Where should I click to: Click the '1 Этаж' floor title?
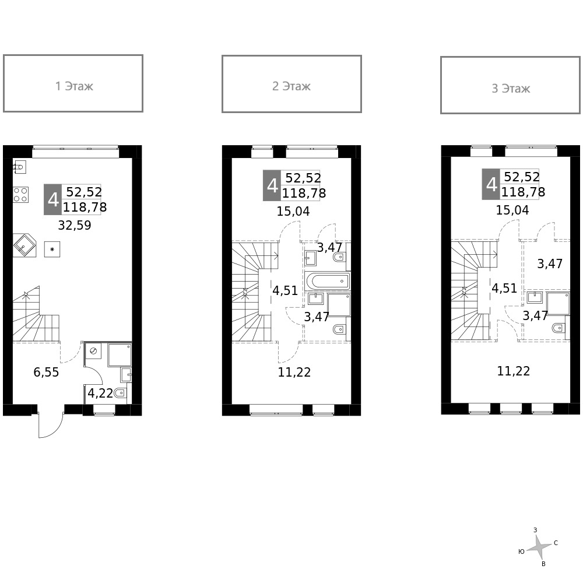pos(73,86)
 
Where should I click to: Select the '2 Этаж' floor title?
pos(291,86)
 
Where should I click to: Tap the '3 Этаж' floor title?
pos(510,89)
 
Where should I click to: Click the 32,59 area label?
pos(75,226)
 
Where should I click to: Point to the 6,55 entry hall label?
pos(46,373)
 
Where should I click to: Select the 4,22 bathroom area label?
pos(100,394)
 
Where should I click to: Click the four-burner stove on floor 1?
pos(21,194)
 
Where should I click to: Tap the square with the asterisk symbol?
pos(52,250)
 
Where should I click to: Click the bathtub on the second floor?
pos(327,282)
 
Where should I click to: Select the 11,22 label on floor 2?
pos(294,373)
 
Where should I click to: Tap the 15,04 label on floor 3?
pos(512,210)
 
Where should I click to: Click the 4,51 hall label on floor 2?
pos(285,290)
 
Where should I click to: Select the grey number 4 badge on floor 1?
pos(53,199)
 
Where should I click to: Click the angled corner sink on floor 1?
pos(24,245)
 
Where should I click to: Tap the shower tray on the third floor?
pos(558,303)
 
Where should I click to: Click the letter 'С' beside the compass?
pos(556,543)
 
